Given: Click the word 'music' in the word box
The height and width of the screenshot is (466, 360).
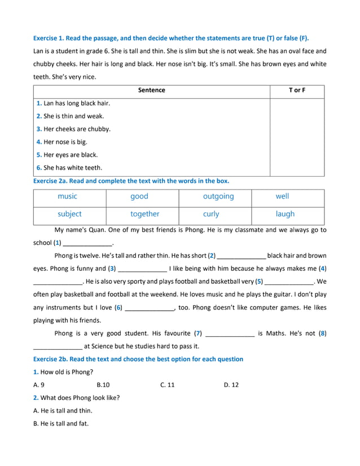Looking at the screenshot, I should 67,196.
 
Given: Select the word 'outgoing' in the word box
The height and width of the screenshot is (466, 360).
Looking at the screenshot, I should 218,196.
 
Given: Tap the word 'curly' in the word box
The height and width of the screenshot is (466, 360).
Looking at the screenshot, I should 211,214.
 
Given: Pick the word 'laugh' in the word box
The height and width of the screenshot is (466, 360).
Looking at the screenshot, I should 285,214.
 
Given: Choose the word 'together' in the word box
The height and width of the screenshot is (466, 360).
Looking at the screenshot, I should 145,214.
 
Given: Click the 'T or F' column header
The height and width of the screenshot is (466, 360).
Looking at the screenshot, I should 297,90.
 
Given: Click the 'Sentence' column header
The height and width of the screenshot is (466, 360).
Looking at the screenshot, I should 151,90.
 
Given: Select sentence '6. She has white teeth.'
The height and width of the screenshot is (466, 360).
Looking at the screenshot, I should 69,168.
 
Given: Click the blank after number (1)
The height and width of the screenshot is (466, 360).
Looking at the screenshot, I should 87,244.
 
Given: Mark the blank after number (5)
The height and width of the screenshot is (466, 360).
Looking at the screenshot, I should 289,282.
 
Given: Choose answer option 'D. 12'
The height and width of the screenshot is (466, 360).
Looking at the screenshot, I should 231,385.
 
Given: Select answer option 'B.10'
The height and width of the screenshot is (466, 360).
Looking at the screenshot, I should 103,385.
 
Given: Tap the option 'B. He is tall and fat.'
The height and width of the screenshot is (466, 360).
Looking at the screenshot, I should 61,423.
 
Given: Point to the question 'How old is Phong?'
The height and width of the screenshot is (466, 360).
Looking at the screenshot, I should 67,372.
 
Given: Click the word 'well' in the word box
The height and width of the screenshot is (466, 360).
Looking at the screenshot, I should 282,196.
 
